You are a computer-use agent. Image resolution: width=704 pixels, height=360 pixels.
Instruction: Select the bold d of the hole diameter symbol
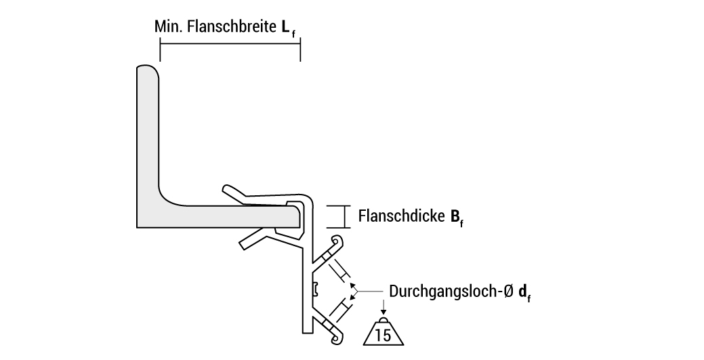[523, 292]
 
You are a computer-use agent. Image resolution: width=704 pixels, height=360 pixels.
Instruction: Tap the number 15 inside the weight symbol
[383, 335]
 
